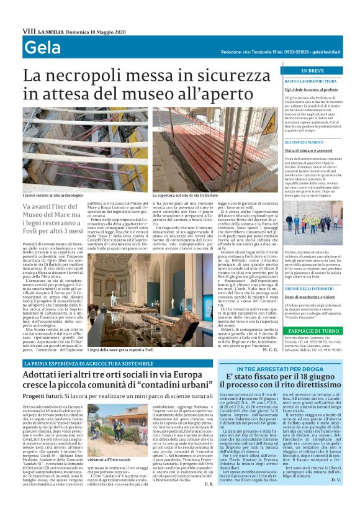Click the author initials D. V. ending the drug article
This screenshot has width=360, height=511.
(336, 497)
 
